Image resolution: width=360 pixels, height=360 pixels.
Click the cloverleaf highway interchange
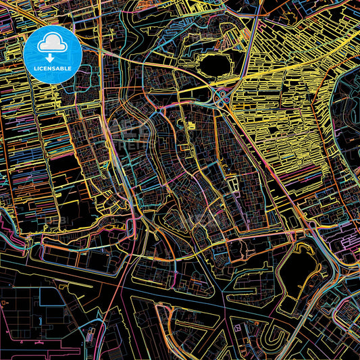(222, 99)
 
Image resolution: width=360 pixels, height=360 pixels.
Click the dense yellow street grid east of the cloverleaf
(284, 115)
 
